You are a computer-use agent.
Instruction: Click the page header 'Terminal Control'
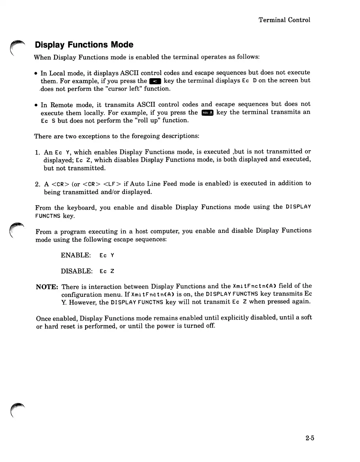tap(284, 20)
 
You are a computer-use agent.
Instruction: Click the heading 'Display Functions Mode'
tap(84, 45)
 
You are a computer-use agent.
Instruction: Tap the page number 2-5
tap(310, 438)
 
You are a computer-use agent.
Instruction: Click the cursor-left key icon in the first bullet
tap(155, 81)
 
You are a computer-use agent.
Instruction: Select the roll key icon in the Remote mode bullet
tap(208, 113)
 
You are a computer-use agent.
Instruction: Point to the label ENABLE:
tap(76, 255)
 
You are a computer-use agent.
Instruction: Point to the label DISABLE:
tap(77, 271)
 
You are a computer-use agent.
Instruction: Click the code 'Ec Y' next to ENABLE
tap(107, 255)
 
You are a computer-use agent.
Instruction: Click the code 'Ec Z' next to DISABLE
tap(107, 271)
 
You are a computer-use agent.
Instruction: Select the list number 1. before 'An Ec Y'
tap(38, 153)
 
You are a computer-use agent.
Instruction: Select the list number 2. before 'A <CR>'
tap(38, 185)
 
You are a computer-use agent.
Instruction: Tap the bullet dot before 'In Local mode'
tap(36, 73)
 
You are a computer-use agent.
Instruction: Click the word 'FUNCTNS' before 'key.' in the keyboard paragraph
tap(48, 216)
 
